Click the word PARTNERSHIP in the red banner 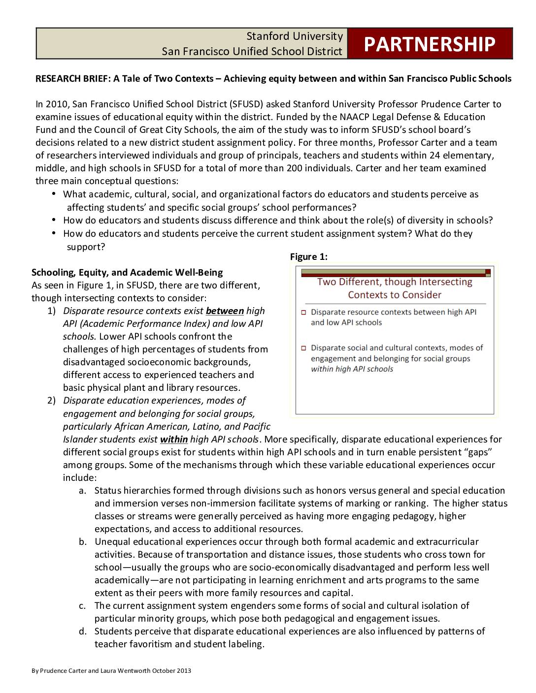coord(429,44)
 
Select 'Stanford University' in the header coord(294,36)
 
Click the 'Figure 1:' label coord(308,257)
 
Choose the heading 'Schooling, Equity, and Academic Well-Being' coord(127,273)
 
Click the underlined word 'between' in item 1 coord(225,311)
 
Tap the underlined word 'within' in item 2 coord(174,440)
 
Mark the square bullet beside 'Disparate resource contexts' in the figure coord(303,313)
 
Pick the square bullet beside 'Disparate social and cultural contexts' coord(303,348)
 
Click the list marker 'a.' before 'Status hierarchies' coord(83,491)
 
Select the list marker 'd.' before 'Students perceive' coord(83,631)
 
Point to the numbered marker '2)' coord(52,401)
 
